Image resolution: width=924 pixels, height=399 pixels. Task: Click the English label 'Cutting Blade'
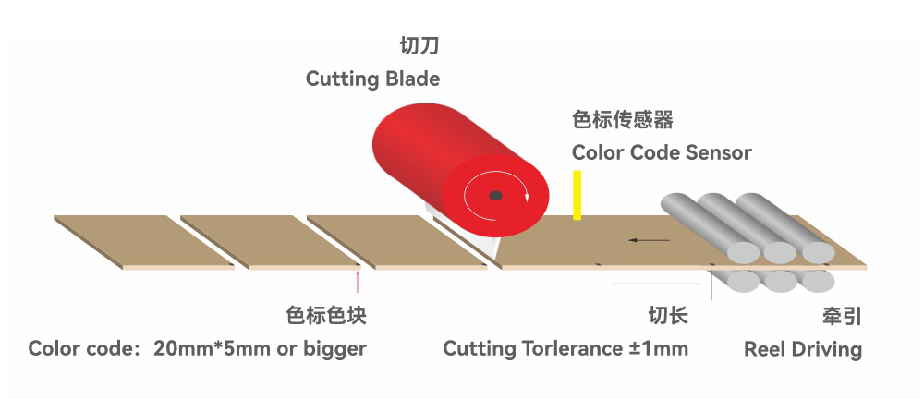click(x=372, y=79)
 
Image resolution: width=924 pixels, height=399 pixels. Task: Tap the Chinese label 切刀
click(x=419, y=45)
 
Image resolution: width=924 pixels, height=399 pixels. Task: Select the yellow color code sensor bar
click(x=577, y=195)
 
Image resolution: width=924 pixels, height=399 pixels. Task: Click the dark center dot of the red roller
click(x=495, y=195)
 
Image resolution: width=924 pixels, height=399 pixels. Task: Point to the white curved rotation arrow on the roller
click(x=496, y=196)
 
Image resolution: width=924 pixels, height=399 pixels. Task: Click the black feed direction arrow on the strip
click(x=649, y=240)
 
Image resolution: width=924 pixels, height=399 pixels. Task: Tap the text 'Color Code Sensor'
click(x=662, y=152)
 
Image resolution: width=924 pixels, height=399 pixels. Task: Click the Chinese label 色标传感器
click(x=622, y=120)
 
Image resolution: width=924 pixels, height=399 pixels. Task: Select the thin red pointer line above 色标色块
click(x=357, y=281)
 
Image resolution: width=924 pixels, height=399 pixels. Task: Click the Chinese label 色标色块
click(x=326, y=315)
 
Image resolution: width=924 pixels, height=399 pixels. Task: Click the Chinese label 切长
click(x=668, y=315)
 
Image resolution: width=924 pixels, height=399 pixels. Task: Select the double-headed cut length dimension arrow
click(x=656, y=284)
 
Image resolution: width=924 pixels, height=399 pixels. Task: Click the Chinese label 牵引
click(x=842, y=317)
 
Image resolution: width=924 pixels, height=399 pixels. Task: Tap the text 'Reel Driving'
click(x=803, y=349)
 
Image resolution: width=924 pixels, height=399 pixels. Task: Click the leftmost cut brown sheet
click(x=144, y=242)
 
